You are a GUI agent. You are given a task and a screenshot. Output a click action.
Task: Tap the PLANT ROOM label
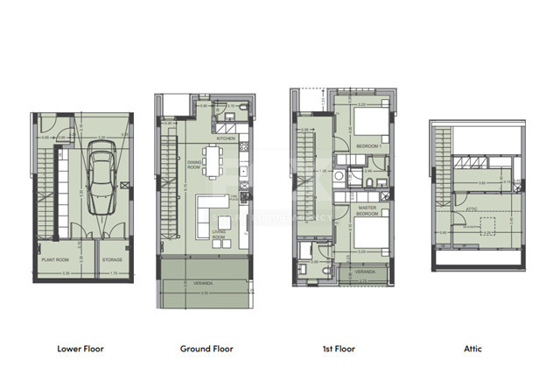tap(57, 259)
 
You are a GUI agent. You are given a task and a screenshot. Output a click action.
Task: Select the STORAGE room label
tap(111, 259)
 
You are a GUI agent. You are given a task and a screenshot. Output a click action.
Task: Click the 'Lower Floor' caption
tap(80, 348)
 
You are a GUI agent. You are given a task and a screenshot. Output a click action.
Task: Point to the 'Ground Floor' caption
tap(206, 348)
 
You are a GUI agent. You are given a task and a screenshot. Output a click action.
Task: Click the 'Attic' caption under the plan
tap(472, 348)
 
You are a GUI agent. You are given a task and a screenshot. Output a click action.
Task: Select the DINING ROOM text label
tap(195, 165)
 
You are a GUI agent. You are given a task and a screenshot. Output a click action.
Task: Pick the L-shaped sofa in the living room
tap(211, 209)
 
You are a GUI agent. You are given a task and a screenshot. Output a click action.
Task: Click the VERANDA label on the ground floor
tap(203, 283)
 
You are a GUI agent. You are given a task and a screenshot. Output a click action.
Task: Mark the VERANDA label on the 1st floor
tap(365, 272)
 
